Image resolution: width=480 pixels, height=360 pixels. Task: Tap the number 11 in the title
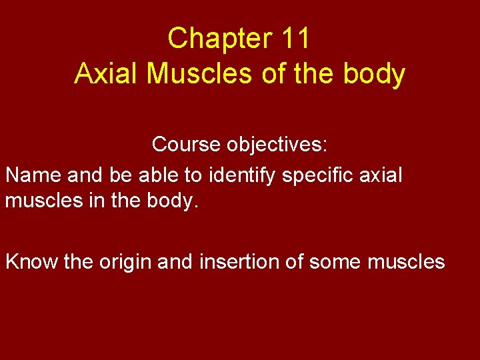[x=296, y=39]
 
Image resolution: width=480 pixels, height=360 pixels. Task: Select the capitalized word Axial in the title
[x=107, y=74]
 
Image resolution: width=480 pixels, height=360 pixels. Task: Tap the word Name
[x=33, y=175]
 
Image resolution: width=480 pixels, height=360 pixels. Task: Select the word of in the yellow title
[x=273, y=74]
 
